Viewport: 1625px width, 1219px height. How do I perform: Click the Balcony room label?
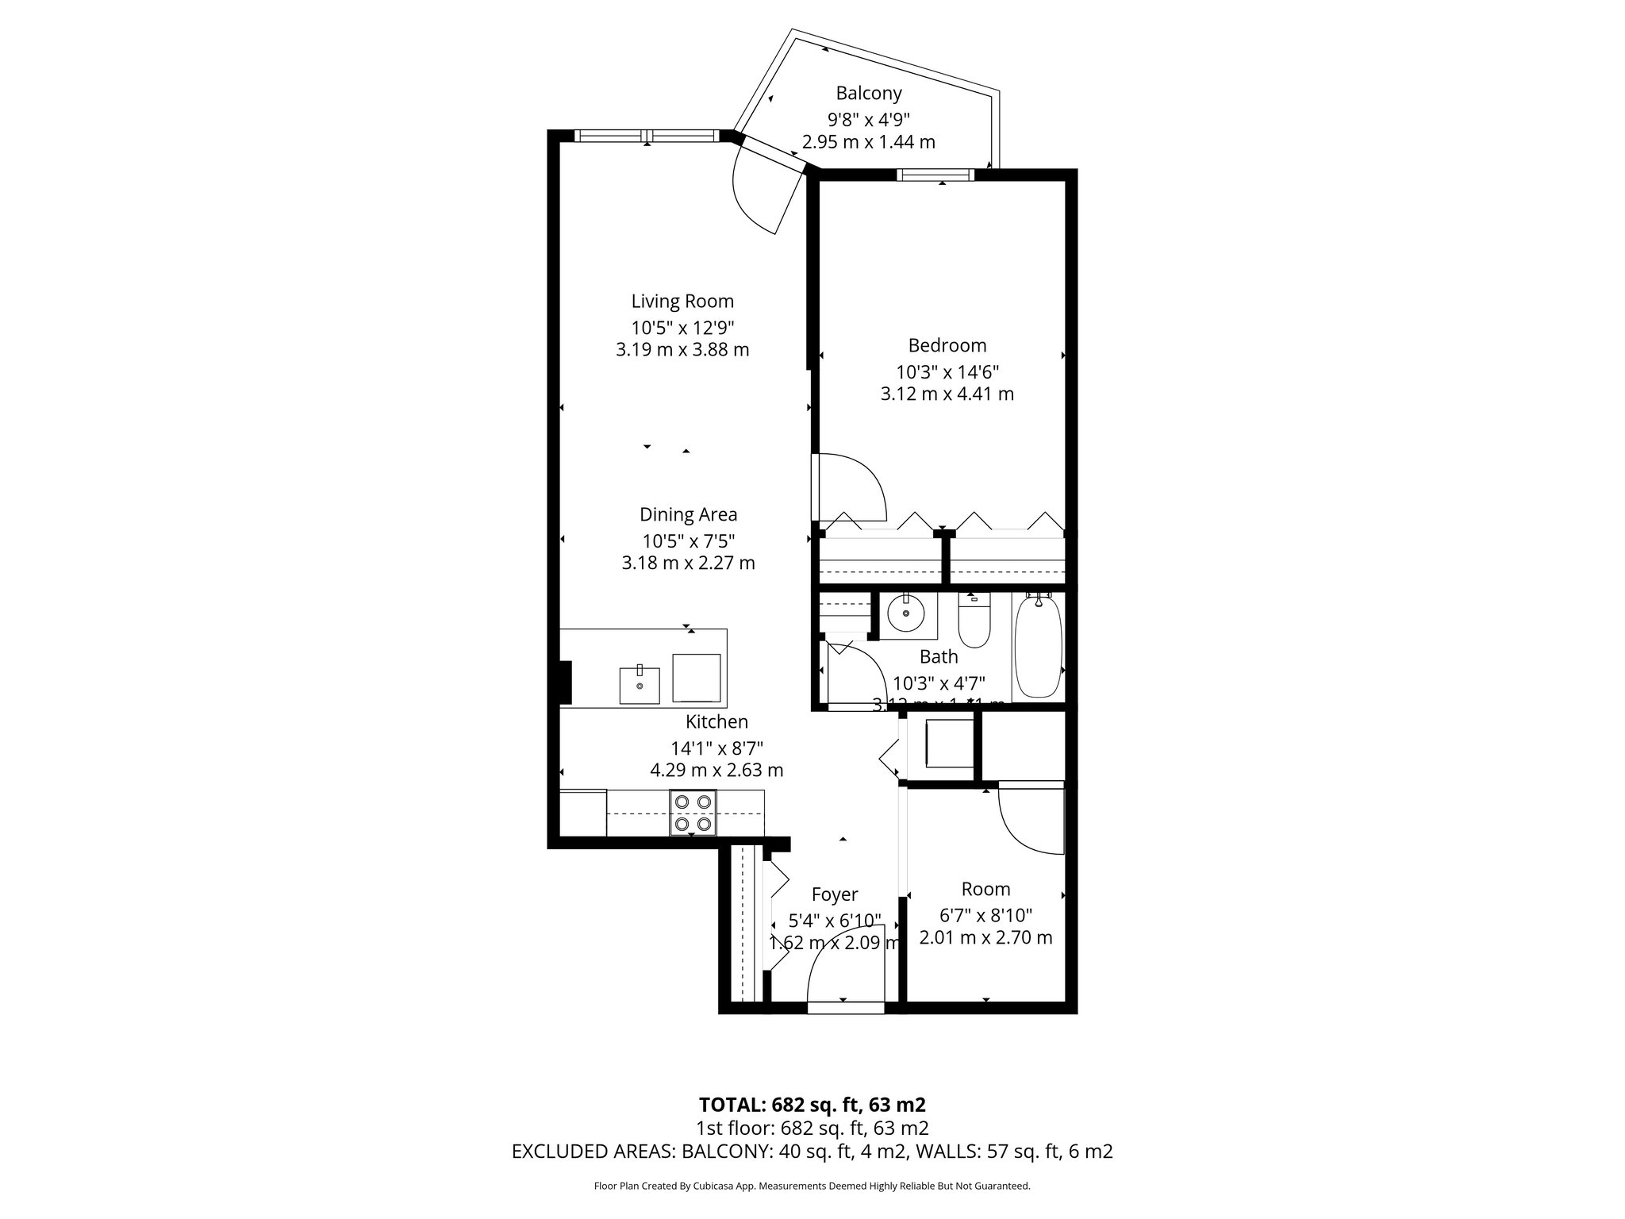(x=869, y=94)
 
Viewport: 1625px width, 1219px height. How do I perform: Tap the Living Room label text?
(x=682, y=302)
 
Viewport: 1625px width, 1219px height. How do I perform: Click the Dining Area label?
(x=688, y=514)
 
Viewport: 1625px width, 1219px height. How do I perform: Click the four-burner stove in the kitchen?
(x=693, y=813)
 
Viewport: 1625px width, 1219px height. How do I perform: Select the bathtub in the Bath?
(x=1038, y=648)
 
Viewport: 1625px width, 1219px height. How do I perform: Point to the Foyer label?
(x=835, y=895)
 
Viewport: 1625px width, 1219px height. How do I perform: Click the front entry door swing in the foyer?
(x=846, y=967)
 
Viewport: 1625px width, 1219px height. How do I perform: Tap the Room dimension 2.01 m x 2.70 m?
(x=985, y=938)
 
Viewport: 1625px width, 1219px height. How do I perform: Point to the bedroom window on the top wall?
(x=936, y=175)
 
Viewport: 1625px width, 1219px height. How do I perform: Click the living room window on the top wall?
(x=647, y=135)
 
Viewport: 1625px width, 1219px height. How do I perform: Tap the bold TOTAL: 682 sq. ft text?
(x=812, y=1105)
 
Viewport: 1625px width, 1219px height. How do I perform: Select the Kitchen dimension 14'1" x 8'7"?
(x=716, y=747)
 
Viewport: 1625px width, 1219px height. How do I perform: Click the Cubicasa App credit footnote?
(x=812, y=1186)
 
